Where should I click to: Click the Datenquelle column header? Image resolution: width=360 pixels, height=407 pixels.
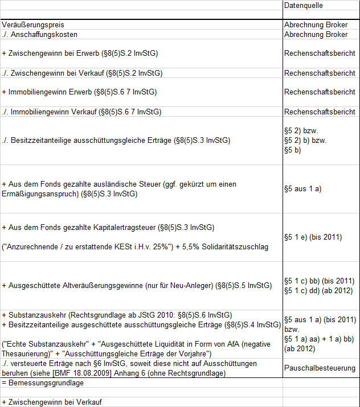coord(304,5)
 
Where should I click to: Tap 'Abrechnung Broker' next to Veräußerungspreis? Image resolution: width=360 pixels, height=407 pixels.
coord(316,25)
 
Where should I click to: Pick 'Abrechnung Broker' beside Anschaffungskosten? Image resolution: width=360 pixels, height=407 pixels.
coord(316,35)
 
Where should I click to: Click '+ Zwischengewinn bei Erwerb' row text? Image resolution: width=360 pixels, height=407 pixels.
coord(80,54)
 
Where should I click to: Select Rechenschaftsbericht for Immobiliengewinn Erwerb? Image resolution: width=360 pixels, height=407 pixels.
coord(320,92)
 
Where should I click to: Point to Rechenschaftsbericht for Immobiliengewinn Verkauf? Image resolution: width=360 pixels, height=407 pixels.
coord(320,112)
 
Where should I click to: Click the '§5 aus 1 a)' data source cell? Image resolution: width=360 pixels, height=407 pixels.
coord(302,189)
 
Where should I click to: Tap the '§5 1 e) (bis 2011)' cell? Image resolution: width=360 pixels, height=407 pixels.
coord(313,237)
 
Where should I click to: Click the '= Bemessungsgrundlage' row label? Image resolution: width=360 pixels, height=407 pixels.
coord(43,383)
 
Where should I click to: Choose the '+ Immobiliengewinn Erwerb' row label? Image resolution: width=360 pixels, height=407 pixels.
coord(79,92)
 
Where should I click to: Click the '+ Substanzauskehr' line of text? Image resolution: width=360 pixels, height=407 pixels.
coord(117,315)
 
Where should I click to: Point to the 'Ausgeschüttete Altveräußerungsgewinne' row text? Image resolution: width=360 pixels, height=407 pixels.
coord(136,286)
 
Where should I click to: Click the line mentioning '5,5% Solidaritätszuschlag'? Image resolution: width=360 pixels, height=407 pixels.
coord(135,247)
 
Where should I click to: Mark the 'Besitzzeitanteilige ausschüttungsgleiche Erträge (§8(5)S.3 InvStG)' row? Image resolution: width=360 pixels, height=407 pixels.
coord(116,141)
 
